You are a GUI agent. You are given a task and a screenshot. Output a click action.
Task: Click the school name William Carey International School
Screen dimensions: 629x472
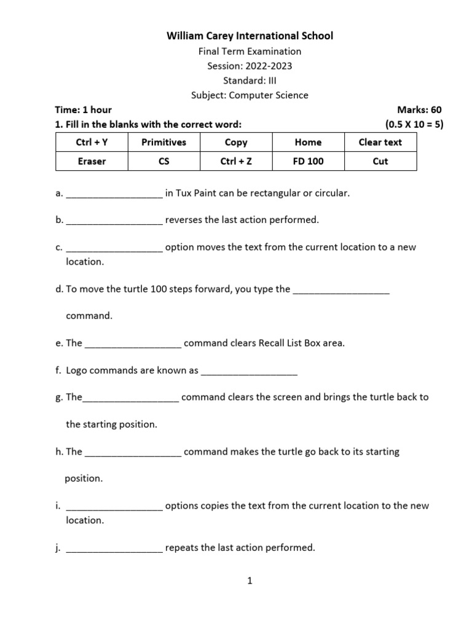pyautogui.click(x=250, y=36)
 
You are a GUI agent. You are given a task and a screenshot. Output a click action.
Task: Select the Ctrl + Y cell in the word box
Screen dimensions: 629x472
pyautogui.click(x=92, y=142)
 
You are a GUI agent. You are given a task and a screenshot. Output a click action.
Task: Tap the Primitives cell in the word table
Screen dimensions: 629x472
pyautogui.click(x=163, y=142)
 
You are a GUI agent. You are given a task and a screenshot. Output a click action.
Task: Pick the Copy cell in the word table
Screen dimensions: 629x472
pyautogui.click(x=236, y=142)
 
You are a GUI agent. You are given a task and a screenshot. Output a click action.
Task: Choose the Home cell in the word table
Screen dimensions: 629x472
pyautogui.click(x=308, y=142)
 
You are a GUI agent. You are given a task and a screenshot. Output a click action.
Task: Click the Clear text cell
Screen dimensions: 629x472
pyautogui.click(x=380, y=142)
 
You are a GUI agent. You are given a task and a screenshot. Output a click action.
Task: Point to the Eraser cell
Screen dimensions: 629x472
pyautogui.click(x=92, y=162)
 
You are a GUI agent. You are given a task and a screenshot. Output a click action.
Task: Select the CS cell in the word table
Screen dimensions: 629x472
pyautogui.click(x=163, y=162)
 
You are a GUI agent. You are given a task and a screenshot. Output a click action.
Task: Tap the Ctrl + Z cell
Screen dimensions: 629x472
pyautogui.click(x=236, y=162)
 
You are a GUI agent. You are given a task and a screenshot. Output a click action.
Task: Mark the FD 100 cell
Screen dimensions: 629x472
pyautogui.click(x=308, y=162)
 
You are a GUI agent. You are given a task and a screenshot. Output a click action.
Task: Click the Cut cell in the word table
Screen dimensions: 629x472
pyautogui.click(x=380, y=162)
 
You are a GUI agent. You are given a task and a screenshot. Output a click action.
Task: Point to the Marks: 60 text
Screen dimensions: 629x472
pyautogui.click(x=419, y=110)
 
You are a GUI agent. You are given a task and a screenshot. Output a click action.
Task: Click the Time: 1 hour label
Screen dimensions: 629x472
pyautogui.click(x=83, y=110)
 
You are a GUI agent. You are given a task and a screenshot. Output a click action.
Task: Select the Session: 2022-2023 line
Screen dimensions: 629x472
pyautogui.click(x=250, y=66)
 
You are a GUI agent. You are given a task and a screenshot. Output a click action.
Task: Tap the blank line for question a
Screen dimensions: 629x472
pyautogui.click(x=114, y=195)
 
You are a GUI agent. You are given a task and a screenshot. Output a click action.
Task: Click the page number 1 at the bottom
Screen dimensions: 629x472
pyautogui.click(x=250, y=581)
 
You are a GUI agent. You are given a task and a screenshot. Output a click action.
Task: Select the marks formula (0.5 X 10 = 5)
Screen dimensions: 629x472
pyautogui.click(x=414, y=125)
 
